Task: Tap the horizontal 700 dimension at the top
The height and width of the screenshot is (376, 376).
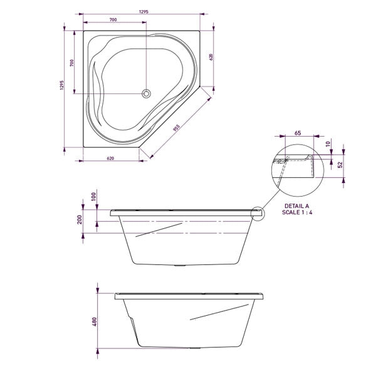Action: pos(113,19)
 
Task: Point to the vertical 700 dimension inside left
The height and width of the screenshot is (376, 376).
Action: pos(72,63)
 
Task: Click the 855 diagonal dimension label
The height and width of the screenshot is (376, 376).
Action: pos(177,128)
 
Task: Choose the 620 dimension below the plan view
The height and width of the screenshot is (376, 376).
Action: pos(111,158)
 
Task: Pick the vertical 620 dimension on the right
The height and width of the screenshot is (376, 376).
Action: pos(212,57)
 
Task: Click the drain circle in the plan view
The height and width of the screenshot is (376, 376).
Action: pos(147,93)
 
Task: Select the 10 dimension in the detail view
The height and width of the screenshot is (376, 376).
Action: pos(328,144)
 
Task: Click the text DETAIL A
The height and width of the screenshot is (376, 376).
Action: pos(298,205)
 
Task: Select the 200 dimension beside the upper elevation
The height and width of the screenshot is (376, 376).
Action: pos(80,219)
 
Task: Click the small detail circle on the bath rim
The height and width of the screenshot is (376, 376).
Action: pos(258,213)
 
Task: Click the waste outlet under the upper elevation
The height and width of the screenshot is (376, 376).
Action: pos(182,265)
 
